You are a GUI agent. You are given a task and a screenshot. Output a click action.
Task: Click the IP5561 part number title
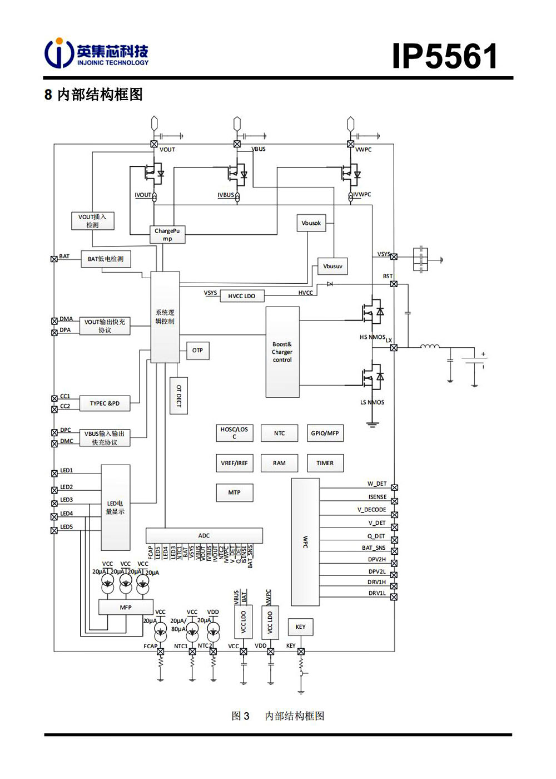[444, 56]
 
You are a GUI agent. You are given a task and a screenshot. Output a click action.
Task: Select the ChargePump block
[167, 235]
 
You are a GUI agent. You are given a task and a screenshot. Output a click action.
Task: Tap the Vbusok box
[311, 223]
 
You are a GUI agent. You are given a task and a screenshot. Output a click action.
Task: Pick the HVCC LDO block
[241, 296]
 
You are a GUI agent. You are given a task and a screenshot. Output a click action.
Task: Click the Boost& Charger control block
[282, 352]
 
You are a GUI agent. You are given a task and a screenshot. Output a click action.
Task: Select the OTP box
[197, 351]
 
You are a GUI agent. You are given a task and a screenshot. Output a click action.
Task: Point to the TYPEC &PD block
[105, 403]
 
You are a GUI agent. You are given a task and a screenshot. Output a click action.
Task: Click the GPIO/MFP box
[325, 433]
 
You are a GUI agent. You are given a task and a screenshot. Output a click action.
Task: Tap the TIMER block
[325, 463]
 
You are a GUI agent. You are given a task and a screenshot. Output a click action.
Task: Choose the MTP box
[234, 492]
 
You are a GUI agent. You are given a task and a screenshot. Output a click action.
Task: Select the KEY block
[300, 627]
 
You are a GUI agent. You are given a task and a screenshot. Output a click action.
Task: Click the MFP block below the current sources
[126, 608]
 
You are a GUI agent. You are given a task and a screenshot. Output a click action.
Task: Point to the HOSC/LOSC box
[234, 433]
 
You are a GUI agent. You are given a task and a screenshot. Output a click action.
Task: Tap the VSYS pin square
[394, 257]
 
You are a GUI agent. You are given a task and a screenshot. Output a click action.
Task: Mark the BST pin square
[394, 284]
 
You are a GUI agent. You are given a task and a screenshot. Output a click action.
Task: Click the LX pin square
[394, 348]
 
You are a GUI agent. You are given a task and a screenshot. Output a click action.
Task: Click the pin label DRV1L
[376, 593]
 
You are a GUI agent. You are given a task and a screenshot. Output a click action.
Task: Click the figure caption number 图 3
[240, 716]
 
